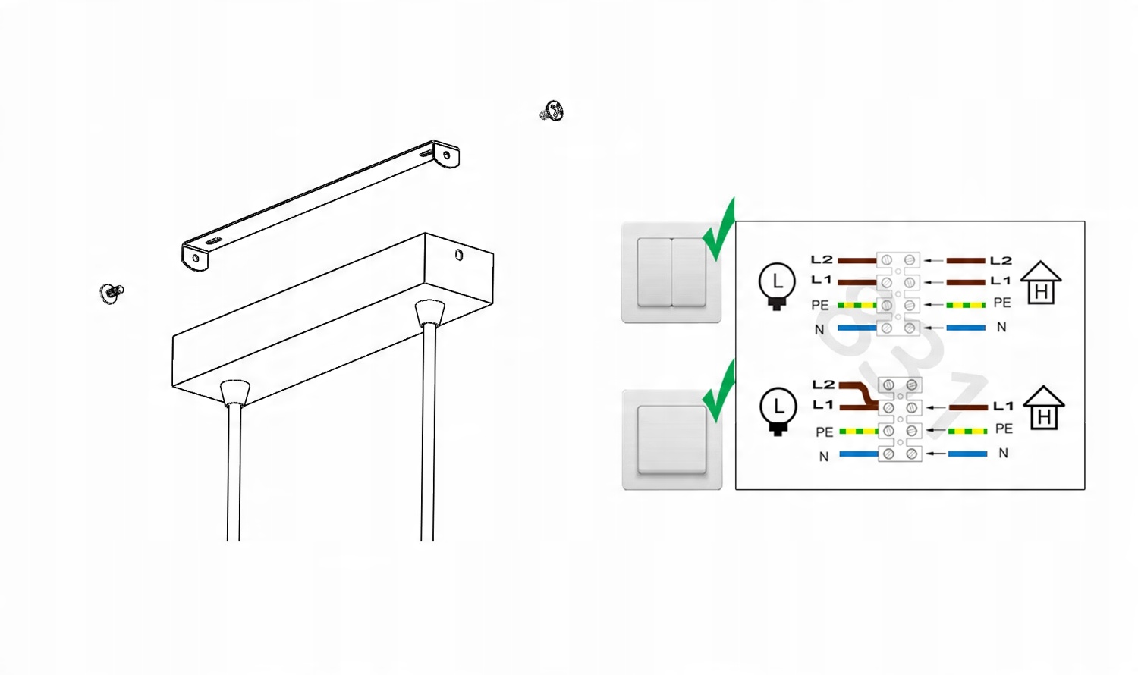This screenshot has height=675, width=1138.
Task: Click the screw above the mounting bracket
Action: tap(552, 111)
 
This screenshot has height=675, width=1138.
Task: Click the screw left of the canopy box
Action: tap(112, 293)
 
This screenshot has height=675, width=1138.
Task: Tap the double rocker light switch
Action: tap(671, 272)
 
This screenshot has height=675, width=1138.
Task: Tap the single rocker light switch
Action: tap(672, 440)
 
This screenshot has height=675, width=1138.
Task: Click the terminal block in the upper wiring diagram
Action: tap(898, 294)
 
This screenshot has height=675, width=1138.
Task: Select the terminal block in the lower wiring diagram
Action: tap(900, 419)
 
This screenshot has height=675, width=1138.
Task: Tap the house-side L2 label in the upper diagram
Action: tap(1001, 261)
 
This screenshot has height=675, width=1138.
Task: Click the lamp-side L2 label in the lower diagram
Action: tap(823, 385)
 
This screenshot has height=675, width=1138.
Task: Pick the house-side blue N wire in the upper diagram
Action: tap(967, 328)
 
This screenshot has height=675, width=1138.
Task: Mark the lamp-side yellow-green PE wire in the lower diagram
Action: tap(859, 432)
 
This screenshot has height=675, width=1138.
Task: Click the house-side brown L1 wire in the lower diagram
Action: tap(968, 407)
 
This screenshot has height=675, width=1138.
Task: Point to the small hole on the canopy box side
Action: tap(459, 255)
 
